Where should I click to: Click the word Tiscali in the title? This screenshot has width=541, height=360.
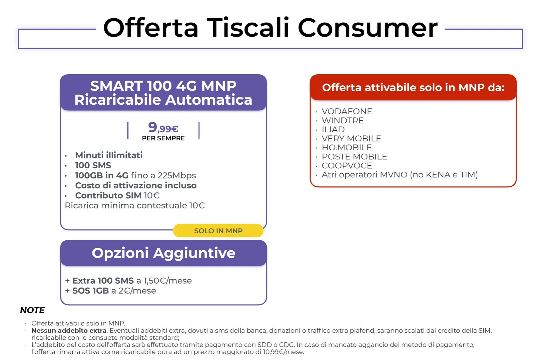pyautogui.click(x=248, y=28)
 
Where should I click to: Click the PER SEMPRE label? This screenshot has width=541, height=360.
pyautogui.click(x=163, y=138)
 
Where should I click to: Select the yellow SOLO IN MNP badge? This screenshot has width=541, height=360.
pyautogui.click(x=218, y=231)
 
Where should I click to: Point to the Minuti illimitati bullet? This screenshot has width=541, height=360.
pyautogui.click(x=109, y=155)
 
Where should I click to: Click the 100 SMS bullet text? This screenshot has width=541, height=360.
pyautogui.click(x=93, y=165)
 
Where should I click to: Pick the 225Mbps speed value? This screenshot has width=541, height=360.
pyautogui.click(x=176, y=176)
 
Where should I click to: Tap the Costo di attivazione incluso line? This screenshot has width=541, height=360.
pyautogui.click(x=136, y=185)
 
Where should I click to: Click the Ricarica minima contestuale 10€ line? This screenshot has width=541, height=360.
pyautogui.click(x=135, y=205)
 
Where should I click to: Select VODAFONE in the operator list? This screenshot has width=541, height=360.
pyautogui.click(x=347, y=111)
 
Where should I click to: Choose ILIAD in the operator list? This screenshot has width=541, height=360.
pyautogui.click(x=333, y=129)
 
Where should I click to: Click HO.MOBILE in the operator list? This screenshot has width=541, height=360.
pyautogui.click(x=347, y=147)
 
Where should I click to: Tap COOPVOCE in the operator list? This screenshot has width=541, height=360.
pyautogui.click(x=347, y=166)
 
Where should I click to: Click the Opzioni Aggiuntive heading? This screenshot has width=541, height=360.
pyautogui.click(x=163, y=253)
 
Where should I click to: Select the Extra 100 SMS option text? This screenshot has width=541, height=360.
pyautogui.click(x=103, y=281)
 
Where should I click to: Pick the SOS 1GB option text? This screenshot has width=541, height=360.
pyautogui.click(x=91, y=291)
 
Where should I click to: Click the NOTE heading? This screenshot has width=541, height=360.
pyautogui.click(x=32, y=310)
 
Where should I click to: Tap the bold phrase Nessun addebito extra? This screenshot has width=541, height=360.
pyautogui.click(x=69, y=330)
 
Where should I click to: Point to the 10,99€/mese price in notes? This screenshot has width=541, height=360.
pyautogui.click(x=283, y=352)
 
